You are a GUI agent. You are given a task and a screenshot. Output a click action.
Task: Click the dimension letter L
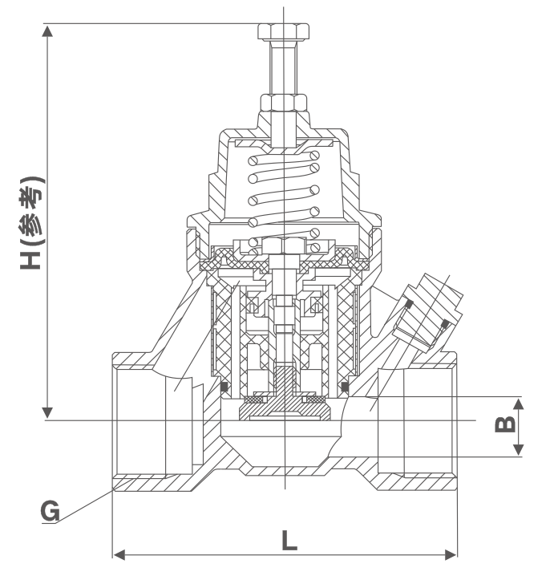click(289, 540)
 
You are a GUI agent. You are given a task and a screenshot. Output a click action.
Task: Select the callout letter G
click(50, 511)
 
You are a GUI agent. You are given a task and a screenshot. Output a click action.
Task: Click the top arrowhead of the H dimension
click(48, 30)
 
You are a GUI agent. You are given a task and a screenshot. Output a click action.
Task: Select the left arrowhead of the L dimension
click(118, 554)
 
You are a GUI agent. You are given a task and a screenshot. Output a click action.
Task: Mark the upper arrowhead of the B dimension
click(519, 403)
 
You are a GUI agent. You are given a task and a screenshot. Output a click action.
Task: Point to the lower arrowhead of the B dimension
click(519, 451)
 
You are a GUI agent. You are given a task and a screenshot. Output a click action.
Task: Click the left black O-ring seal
click(224, 388)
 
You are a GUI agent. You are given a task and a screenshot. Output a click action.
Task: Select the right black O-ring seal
click(345, 388)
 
